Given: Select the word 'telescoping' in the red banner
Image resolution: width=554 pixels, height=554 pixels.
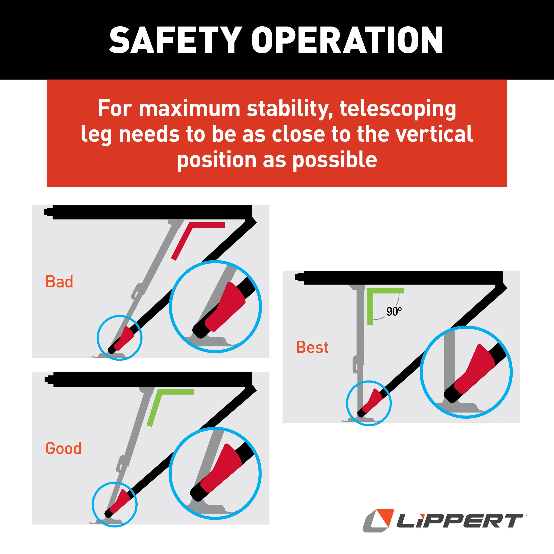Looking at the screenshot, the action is pos(398,109).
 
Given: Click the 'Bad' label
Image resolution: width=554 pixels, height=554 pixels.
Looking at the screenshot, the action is pos(59,282).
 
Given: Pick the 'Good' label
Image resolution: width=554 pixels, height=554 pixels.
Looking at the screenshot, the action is pos(63,448).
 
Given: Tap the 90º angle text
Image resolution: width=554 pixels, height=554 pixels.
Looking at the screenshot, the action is pos(394,311).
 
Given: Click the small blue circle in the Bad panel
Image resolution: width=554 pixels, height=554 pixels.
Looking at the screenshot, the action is pos(98,338).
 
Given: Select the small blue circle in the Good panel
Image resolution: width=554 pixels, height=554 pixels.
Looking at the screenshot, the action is pos(93,505).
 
